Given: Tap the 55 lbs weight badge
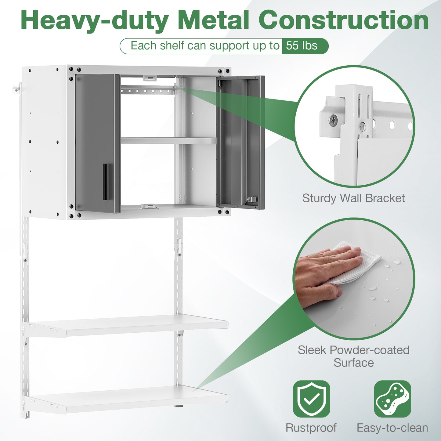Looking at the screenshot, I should click(302, 46).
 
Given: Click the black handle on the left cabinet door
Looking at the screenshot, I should click(106, 182).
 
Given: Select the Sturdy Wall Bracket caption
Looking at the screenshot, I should click(353, 198).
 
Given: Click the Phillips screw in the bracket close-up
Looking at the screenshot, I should click(333, 120).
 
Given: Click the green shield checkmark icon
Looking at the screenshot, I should click(311, 399).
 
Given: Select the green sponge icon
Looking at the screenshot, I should click(392, 399).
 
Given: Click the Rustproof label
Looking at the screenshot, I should click(311, 428).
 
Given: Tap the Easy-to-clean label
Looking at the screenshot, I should click(392, 428).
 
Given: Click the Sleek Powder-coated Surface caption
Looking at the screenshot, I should click(353, 356).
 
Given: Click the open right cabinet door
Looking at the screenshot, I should click(240, 142).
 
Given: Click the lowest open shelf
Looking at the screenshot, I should click(128, 399).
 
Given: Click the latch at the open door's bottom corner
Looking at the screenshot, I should click(251, 200).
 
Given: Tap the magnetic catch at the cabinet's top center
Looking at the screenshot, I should click(150, 78).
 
